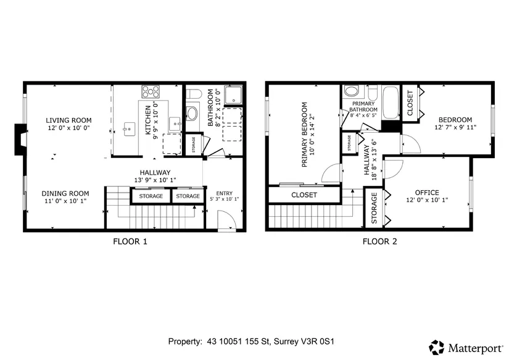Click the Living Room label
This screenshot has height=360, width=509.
(68, 120)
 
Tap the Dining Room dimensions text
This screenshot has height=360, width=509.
(65, 201)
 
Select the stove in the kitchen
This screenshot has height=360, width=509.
(151, 91)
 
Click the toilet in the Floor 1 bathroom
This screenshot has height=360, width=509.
(194, 94)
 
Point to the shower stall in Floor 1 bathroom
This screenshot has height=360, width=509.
(233, 94)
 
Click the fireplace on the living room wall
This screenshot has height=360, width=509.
(20, 140)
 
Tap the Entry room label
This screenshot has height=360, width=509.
(225, 193)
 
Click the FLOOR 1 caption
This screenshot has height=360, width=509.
(130, 241)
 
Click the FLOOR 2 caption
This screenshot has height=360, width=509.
(379, 241)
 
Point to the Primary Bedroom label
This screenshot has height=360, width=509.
(305, 135)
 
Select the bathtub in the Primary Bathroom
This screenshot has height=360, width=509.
(391, 103)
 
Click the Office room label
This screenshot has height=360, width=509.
(427, 193)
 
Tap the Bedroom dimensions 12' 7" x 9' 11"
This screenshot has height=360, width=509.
(455, 127)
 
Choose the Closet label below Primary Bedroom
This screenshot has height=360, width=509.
(304, 195)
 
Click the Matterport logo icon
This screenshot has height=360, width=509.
(436, 347)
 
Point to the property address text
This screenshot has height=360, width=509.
(251, 341)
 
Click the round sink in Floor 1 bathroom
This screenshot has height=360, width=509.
(191, 114)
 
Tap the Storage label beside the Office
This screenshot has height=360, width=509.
(374, 208)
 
